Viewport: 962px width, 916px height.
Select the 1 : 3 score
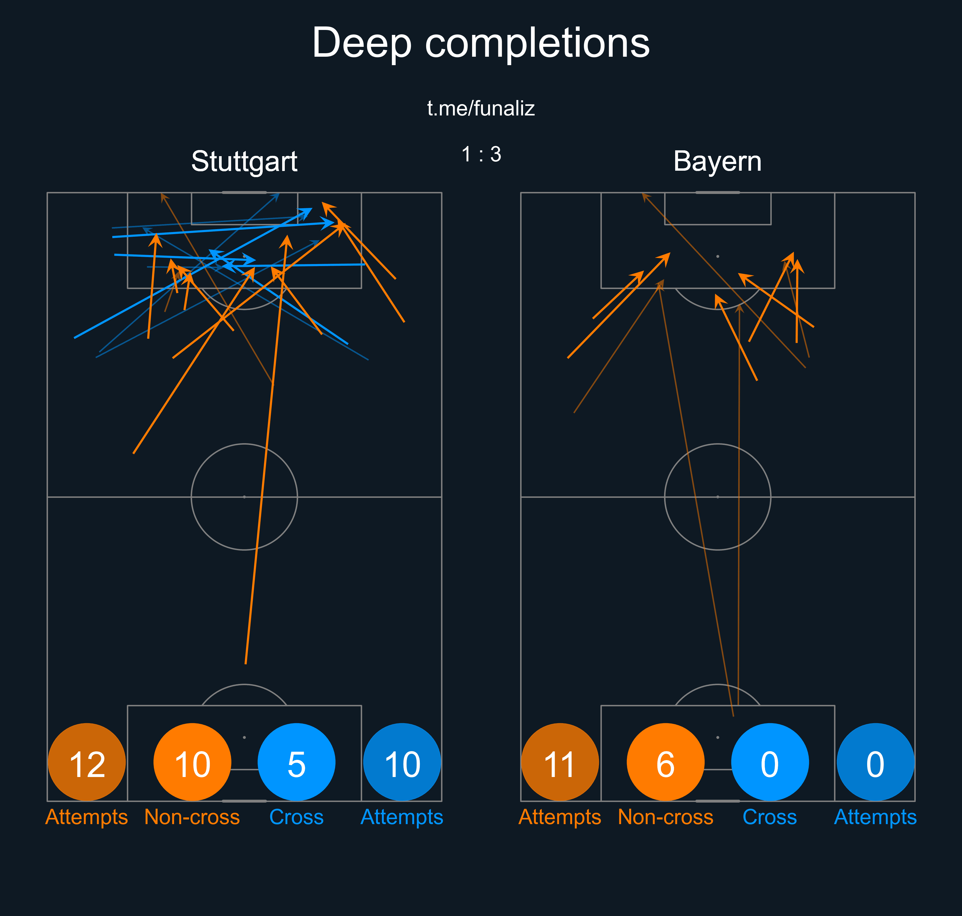point(481,154)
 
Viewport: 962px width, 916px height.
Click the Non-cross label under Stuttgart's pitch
point(192,817)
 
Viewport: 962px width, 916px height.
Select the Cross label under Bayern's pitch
point(770,817)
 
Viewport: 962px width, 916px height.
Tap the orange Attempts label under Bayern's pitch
point(560,817)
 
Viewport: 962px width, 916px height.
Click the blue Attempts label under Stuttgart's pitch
point(402,817)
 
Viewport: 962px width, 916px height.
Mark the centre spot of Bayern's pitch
point(717,497)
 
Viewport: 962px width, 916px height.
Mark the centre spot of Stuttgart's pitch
point(244,497)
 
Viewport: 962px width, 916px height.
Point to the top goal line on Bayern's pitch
point(717,193)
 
